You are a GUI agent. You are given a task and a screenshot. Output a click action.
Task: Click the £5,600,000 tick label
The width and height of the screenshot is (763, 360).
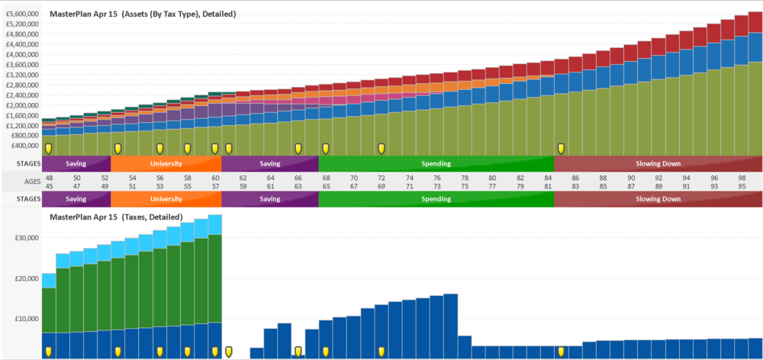[23, 14]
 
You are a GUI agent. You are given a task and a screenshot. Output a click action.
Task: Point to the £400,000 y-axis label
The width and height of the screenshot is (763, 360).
[25, 145]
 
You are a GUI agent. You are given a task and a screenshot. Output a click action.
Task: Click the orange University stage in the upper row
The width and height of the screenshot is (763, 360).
[166, 163]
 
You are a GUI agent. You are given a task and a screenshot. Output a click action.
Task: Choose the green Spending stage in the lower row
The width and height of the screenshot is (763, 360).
[436, 199]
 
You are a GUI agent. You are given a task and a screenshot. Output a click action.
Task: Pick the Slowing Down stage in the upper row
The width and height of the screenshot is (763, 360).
[658, 163]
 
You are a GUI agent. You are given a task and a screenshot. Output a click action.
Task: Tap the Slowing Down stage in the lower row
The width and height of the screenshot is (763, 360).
[658, 199]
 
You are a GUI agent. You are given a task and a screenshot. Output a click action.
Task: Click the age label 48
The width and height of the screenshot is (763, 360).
[49, 177]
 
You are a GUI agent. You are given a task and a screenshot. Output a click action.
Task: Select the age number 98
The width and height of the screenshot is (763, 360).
[742, 177]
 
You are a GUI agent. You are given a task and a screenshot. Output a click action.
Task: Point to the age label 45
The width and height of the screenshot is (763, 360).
[49, 185]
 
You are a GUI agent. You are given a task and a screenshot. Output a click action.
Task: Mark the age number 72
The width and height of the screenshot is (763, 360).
[381, 177]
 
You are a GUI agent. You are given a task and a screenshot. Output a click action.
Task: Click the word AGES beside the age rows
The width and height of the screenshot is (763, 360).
[32, 182]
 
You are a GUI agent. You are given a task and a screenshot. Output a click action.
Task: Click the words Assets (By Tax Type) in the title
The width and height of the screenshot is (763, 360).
[176, 14]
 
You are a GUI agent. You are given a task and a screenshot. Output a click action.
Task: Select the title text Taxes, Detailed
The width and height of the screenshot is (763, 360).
[153, 217]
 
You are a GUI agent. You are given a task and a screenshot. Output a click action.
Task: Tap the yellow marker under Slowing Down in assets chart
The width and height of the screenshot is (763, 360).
[561, 148]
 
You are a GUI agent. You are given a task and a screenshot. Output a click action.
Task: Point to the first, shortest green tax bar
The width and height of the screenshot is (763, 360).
[49, 310]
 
